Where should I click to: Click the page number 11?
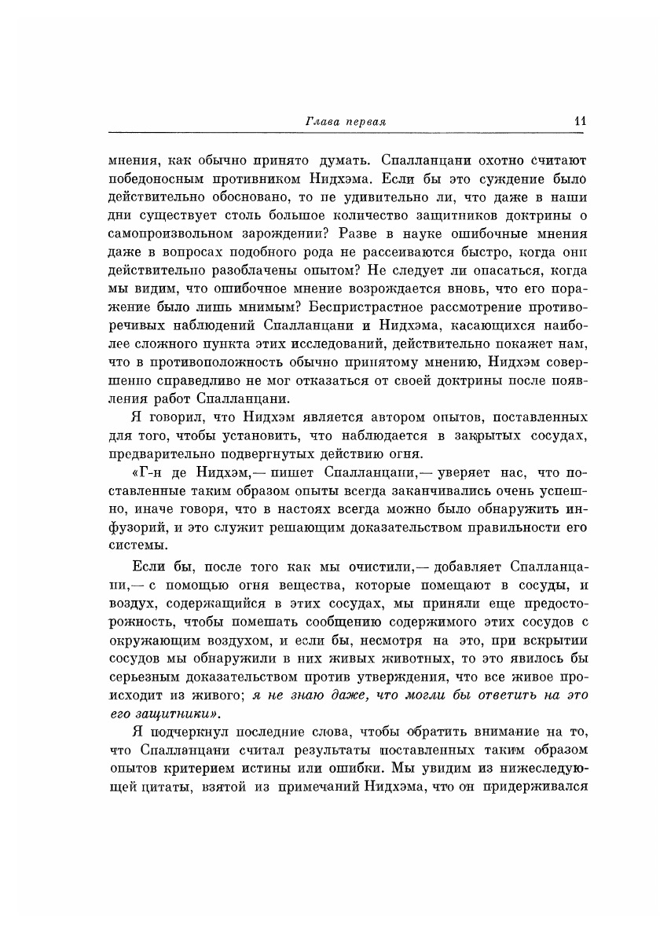pos(581,121)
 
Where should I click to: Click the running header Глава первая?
pos(347,122)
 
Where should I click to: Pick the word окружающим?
pos(158,640)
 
